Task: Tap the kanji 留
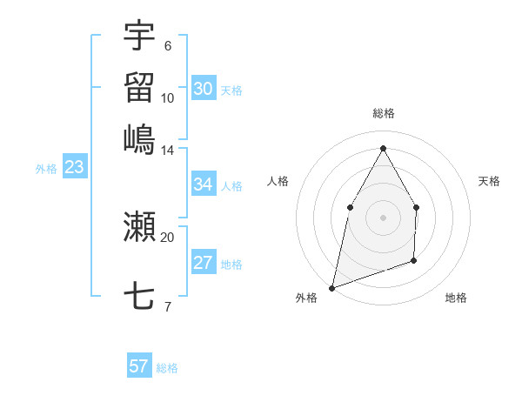click(139, 87)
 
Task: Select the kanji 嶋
click(139, 139)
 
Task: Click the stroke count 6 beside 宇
click(167, 46)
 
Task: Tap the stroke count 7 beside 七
click(167, 306)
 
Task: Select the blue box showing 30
click(203, 89)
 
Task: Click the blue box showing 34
click(203, 184)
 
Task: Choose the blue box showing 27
click(203, 263)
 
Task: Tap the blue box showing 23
click(74, 167)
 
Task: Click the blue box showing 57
click(139, 366)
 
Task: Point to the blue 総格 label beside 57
click(167, 368)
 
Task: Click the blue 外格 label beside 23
click(46, 169)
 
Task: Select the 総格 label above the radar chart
click(383, 113)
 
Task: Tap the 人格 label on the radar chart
click(278, 181)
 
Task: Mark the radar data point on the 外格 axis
click(331, 287)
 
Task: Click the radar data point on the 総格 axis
click(383, 147)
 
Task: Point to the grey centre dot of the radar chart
click(383, 217)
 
